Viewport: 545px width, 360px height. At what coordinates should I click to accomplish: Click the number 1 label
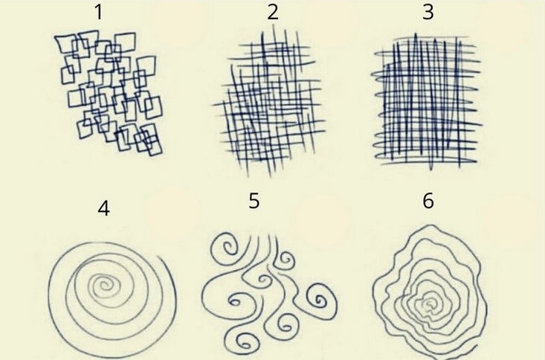(x=99, y=13)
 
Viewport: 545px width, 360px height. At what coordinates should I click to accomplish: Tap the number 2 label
(x=273, y=12)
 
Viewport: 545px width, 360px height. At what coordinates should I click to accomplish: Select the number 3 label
(x=428, y=12)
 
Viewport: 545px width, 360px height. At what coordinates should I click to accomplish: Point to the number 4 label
(x=104, y=209)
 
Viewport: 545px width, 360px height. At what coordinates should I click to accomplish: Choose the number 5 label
(x=254, y=201)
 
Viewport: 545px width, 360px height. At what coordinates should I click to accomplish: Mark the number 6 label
(x=428, y=201)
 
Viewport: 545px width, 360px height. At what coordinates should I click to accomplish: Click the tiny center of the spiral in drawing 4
(x=104, y=286)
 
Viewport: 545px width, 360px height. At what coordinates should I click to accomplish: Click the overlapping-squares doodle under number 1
(x=109, y=93)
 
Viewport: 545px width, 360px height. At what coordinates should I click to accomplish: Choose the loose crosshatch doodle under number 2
(x=269, y=103)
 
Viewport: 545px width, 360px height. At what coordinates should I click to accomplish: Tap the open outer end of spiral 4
(x=160, y=257)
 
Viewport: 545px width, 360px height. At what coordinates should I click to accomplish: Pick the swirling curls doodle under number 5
(x=269, y=292)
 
